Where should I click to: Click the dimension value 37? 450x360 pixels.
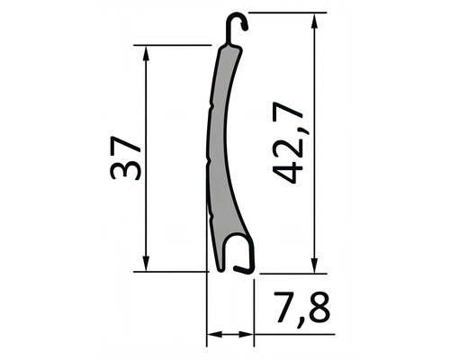pos(123,158)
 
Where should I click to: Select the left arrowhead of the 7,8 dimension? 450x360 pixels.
pos(213,336)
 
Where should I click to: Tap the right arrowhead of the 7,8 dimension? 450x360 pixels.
pos(249,336)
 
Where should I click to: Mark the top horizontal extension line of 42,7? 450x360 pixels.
pos(283,13)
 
